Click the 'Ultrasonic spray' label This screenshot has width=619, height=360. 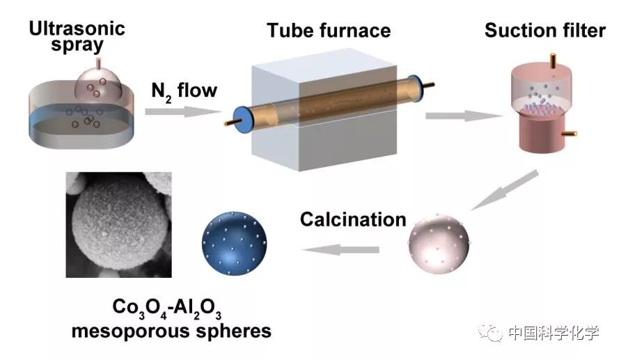[x=77, y=37]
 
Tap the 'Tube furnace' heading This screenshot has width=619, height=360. [x=329, y=31]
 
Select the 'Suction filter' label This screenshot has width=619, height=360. [x=544, y=31]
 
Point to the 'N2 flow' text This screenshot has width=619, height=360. [x=184, y=91]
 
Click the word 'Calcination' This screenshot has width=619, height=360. [x=353, y=219]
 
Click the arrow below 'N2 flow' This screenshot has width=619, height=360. [x=183, y=111]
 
